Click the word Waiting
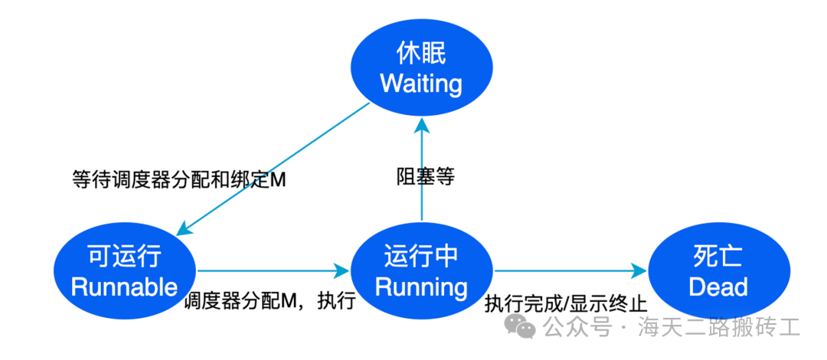(421, 83)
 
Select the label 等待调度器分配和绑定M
(178, 179)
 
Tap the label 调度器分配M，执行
(269, 300)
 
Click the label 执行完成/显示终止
(566, 303)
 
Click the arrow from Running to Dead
(570, 270)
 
